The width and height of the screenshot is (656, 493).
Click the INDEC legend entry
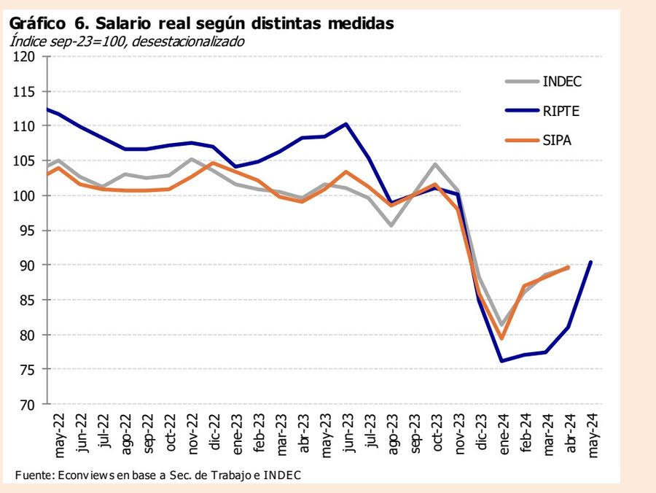[x=562, y=80]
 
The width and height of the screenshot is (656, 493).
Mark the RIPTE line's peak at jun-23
[x=345, y=124]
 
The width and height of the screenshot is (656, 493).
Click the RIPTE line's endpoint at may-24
[x=590, y=262]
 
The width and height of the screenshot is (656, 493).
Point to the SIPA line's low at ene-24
[x=501, y=338]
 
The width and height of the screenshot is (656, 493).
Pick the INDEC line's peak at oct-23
[x=435, y=164]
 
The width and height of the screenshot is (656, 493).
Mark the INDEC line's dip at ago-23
[x=391, y=225]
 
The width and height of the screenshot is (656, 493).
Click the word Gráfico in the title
[x=36, y=23]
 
